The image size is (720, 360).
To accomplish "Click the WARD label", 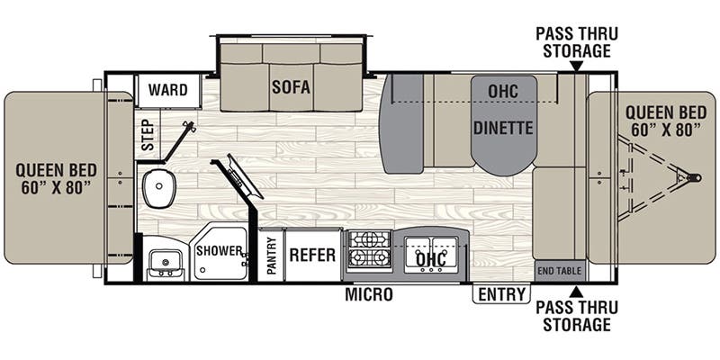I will [x=168, y=90].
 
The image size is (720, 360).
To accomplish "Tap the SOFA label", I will [x=291, y=88].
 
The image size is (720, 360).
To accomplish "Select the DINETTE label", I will [x=503, y=127].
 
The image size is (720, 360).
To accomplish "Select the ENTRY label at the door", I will [x=501, y=294].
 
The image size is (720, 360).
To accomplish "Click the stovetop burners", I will [x=369, y=250].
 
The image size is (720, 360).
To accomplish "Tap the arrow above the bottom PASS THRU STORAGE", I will [x=576, y=292].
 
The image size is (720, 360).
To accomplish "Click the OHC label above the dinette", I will [x=503, y=92].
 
